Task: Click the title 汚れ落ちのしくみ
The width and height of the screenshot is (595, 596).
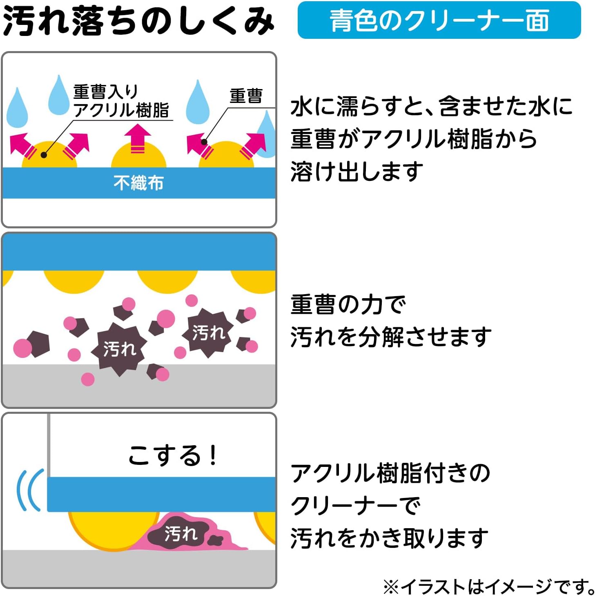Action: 138,20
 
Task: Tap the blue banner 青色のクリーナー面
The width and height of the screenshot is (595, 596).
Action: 439,20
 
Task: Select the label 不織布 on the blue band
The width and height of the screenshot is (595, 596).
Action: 138,183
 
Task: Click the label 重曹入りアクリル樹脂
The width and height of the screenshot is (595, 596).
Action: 121,101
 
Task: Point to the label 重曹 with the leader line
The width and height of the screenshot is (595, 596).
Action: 246,96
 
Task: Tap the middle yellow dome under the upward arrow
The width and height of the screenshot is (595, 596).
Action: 138,157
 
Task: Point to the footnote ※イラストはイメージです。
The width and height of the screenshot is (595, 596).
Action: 488,587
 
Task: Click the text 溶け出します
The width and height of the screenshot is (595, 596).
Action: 357,171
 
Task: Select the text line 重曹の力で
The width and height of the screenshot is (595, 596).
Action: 348,305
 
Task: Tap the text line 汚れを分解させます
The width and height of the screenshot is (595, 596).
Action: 391,337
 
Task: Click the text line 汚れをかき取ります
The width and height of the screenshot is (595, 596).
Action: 389,538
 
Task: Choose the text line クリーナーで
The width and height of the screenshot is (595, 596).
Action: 355,506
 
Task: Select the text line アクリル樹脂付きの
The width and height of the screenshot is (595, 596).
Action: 390,473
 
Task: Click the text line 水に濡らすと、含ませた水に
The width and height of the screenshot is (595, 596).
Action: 432,107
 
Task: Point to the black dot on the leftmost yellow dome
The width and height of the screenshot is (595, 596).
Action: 44,155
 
